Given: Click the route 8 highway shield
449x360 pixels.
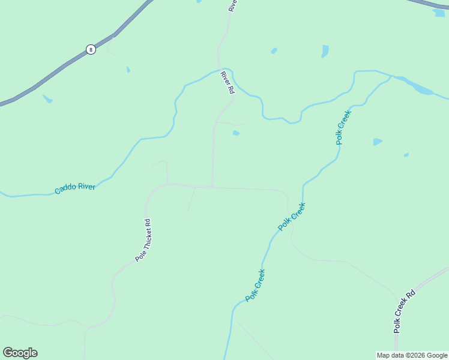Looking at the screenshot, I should [91, 50].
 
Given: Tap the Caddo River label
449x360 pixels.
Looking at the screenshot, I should [75, 188].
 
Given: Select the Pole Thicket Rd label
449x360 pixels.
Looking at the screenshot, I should [143, 240].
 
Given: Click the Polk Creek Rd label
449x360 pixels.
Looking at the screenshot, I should [405, 311].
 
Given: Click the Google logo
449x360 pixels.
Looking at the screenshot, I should [20, 353].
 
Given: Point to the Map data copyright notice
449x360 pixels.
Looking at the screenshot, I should [412, 355].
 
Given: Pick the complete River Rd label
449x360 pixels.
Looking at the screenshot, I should [227, 82].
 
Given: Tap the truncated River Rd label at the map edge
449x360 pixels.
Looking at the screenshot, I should [233, 5].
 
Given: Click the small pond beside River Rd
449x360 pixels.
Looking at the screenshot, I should [236, 133].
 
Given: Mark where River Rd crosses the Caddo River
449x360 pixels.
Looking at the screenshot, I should [223, 71].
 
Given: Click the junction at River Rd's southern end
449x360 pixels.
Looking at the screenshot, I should [212, 187].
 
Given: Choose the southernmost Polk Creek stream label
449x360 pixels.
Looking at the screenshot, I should [255, 286].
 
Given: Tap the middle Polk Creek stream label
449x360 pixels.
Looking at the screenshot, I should [292, 217].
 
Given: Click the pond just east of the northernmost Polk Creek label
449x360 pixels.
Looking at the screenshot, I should [377, 142].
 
